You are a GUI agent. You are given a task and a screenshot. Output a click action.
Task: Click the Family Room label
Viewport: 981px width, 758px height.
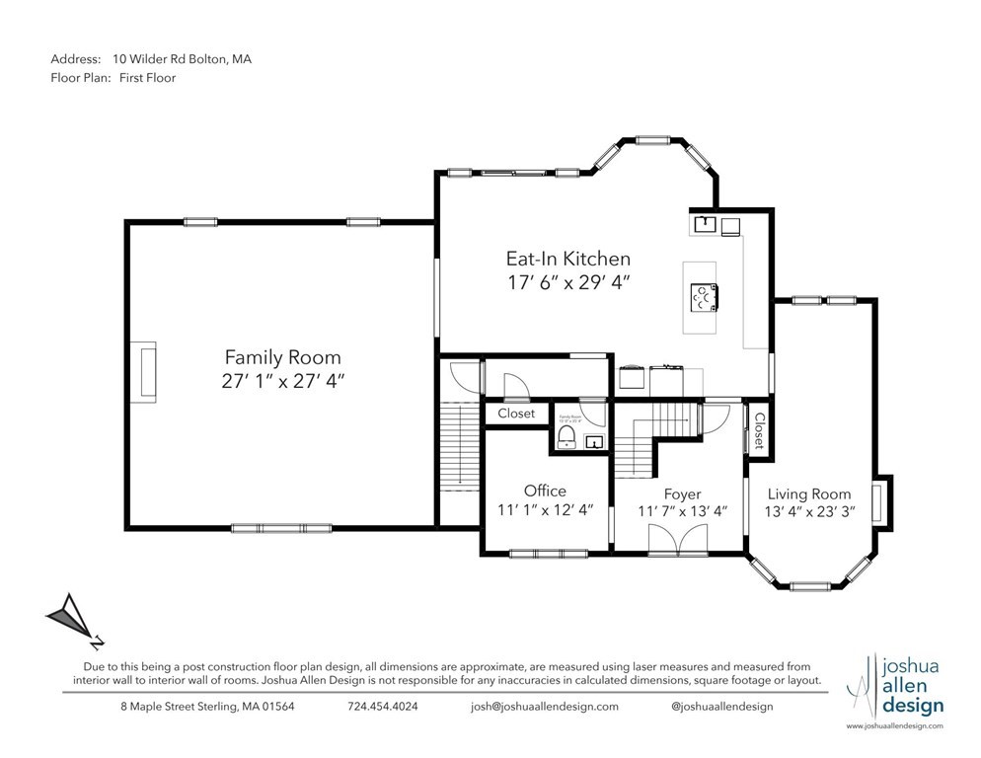pos(282,357)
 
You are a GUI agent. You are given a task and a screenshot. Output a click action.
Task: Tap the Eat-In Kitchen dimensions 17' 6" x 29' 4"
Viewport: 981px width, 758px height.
pos(567,282)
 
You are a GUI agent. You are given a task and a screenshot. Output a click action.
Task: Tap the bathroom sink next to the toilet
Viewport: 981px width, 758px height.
pos(595,442)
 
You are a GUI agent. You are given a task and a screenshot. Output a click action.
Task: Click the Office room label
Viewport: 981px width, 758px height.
pos(545,491)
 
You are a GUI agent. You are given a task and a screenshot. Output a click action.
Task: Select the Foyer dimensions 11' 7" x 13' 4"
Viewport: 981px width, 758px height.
pos(682,511)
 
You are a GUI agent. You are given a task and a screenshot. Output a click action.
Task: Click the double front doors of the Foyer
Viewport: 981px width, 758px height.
pos(677,539)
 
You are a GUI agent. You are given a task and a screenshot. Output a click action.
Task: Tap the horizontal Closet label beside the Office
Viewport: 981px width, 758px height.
pos(516,414)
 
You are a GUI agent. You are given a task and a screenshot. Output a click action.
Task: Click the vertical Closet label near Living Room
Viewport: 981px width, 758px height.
pos(759,431)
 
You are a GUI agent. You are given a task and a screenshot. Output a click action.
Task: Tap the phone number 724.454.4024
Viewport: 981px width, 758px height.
pos(382,707)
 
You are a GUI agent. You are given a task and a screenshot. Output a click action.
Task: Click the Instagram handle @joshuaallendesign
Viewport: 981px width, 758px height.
pos(721,707)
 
